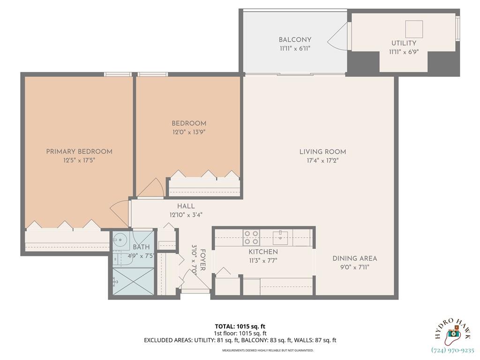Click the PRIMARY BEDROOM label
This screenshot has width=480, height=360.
(x=79, y=151)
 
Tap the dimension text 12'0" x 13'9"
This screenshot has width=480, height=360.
(x=188, y=132)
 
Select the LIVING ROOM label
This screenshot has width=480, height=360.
(x=322, y=151)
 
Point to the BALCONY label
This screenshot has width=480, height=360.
(x=295, y=40)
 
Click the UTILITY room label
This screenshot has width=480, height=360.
(x=404, y=43)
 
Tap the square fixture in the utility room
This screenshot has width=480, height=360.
(x=414, y=29)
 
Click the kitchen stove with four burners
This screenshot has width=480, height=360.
(x=252, y=237)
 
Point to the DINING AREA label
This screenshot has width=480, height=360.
(x=354, y=258)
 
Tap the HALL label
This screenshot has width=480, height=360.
(x=186, y=206)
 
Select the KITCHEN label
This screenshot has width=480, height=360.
(x=263, y=252)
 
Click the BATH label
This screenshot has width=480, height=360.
(x=141, y=247)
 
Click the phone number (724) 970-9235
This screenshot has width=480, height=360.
(x=452, y=350)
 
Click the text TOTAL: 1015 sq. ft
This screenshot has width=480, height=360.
(x=240, y=326)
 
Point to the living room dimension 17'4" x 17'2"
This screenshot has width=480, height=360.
(x=322, y=160)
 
